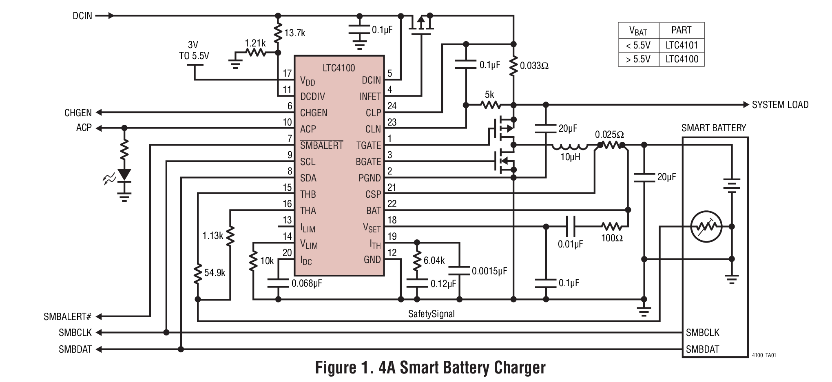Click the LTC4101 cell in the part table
pos(682,45)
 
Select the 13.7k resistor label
pos(294,33)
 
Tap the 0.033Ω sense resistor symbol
pos(513,66)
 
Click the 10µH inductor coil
pos(570,146)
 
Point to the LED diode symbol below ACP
pos(124,174)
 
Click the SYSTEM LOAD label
pos(780,105)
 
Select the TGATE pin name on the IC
pos(368,146)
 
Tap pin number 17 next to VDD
pos(287,73)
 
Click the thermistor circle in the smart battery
pos(706,227)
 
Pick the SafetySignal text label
pos(431,314)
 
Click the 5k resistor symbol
pos(491,105)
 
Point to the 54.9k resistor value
pos(215,273)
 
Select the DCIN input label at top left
pos(82,16)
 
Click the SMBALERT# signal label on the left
pos(67,317)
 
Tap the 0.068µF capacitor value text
pos(307,283)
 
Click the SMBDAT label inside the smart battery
pos(702,349)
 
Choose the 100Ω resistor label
pos(612,238)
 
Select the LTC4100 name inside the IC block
pos(339,68)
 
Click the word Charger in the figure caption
pos(520,368)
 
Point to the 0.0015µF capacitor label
pos(489,271)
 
